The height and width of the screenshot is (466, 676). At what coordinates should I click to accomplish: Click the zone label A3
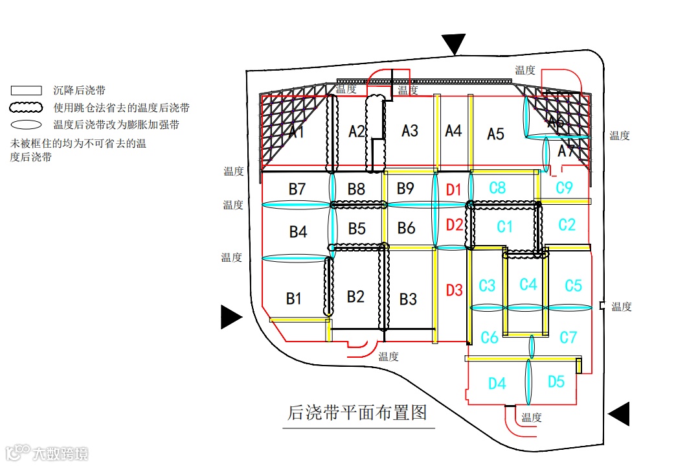point(410,131)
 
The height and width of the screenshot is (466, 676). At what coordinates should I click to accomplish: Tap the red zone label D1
point(454,190)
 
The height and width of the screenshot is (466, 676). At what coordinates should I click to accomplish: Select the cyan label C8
point(497,188)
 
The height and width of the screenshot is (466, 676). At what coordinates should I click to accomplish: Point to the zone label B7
point(297,189)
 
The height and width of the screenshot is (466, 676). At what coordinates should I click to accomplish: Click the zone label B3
point(408,299)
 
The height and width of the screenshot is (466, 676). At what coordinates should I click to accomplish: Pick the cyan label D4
point(497,384)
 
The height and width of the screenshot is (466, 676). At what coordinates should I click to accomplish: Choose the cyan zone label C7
point(568,337)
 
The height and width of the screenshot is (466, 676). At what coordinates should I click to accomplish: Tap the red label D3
point(455,290)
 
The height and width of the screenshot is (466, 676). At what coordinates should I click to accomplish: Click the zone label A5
point(495,134)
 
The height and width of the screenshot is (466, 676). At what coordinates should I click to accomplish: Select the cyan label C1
point(504,227)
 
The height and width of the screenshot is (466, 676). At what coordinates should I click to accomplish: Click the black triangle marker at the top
point(455,44)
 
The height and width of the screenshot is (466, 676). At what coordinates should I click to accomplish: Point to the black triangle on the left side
point(231,316)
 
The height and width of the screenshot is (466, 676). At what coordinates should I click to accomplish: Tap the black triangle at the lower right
point(620,414)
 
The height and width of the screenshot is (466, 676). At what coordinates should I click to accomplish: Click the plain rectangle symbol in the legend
point(27,91)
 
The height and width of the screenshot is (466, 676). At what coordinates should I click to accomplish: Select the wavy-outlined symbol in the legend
point(27,108)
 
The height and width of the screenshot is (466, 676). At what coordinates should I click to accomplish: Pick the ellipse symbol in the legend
point(27,124)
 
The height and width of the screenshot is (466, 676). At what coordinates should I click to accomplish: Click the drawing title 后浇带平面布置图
point(357,413)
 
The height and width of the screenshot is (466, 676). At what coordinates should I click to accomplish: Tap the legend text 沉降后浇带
point(80,91)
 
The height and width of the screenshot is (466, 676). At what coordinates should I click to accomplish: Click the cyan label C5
point(573,286)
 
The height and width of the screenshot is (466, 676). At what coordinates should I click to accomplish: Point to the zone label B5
point(357,229)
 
